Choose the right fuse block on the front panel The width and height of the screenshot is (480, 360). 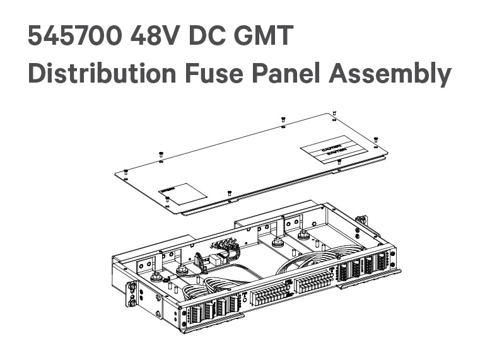tap(313, 280)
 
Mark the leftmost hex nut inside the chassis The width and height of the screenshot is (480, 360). tap(182, 270)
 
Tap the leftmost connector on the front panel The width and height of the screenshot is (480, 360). tap(196, 313)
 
